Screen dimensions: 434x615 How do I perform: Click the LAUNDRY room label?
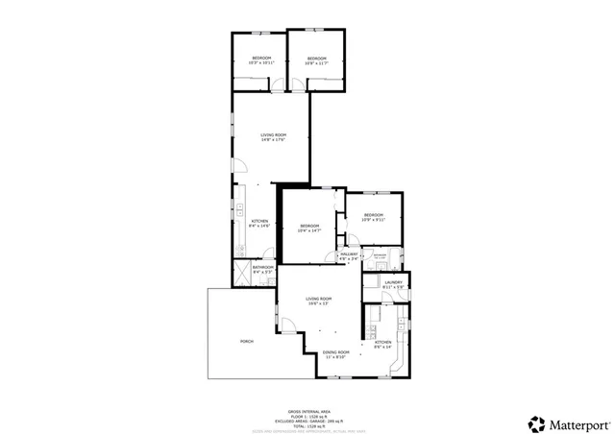point(391,283)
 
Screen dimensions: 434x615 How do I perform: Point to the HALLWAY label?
point(348,255)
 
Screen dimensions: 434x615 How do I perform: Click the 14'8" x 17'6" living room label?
point(274,137)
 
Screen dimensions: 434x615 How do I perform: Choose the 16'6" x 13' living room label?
point(318,301)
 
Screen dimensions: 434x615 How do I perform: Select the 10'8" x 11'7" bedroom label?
point(316,60)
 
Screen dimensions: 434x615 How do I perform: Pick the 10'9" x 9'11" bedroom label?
point(372,217)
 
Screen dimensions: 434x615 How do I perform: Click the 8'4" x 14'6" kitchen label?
point(260,225)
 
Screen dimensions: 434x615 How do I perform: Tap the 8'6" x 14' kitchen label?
point(381,345)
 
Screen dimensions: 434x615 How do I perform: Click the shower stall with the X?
point(240,273)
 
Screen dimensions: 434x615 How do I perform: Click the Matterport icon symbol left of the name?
point(534,422)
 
